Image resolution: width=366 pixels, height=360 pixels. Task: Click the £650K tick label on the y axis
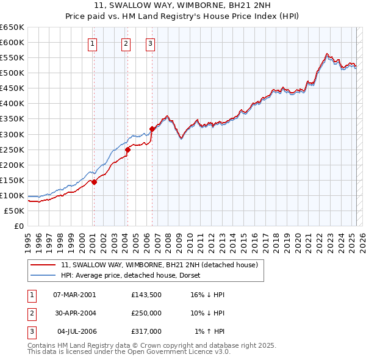point(12,27)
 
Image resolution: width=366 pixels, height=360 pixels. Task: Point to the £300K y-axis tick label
point(12,134)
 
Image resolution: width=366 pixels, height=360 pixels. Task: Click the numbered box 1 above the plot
point(92,43)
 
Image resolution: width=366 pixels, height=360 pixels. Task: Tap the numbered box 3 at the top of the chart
point(150,43)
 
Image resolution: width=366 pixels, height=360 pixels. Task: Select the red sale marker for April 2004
point(128,149)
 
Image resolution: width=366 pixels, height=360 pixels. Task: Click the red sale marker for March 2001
point(95,182)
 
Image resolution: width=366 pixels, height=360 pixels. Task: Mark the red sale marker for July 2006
point(151,129)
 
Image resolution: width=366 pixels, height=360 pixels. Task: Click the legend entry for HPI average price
point(134,275)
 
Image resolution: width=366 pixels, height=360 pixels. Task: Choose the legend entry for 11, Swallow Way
point(160,265)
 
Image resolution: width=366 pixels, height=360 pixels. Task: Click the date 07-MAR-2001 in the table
point(74,295)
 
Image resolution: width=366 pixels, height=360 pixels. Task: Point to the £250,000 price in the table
point(146,313)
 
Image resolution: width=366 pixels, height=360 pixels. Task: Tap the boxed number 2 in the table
point(30,313)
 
